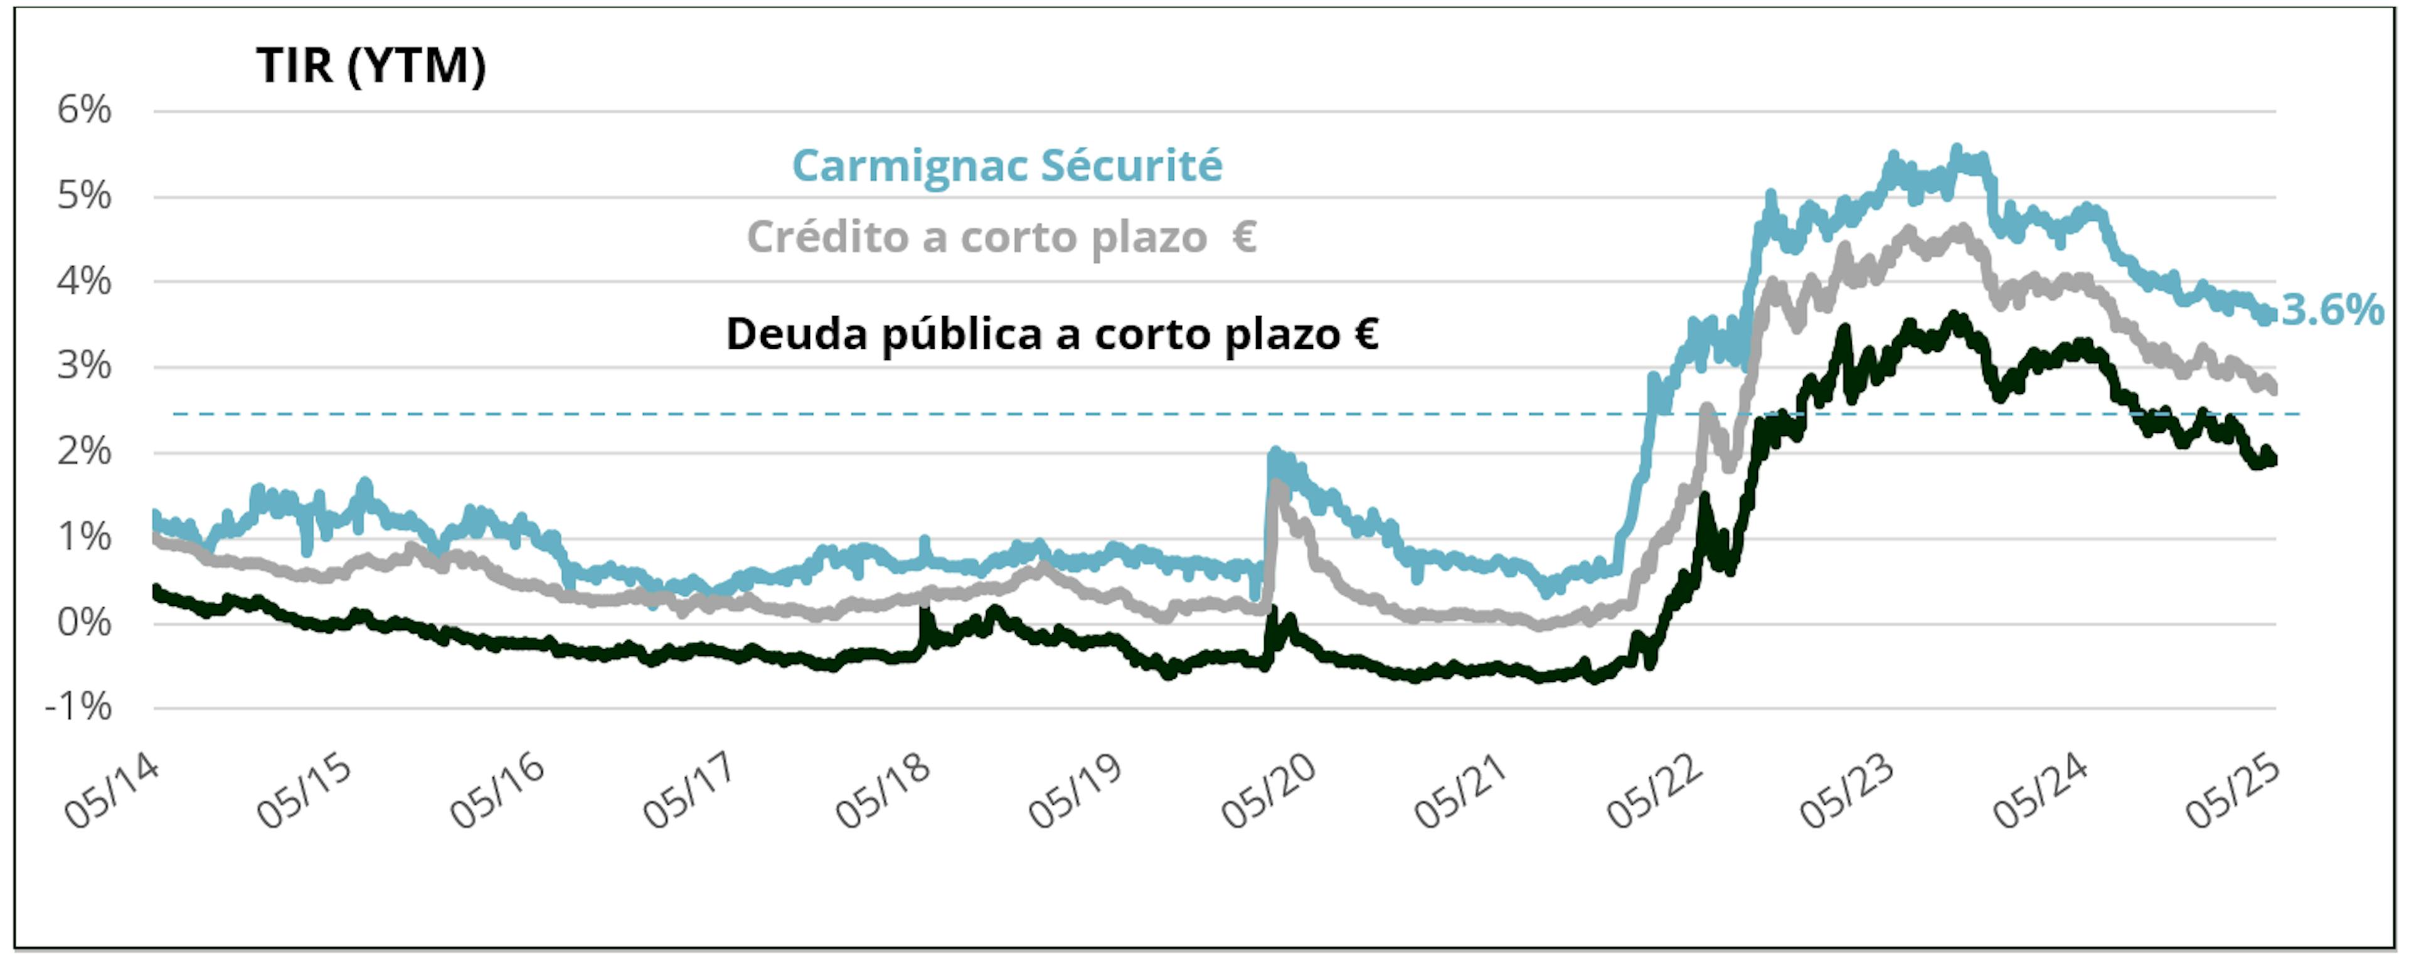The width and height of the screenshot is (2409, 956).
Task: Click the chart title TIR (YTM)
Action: (x=371, y=66)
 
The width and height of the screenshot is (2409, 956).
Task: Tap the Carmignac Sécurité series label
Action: (x=1007, y=166)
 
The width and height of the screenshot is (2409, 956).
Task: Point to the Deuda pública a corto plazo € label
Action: (x=1052, y=334)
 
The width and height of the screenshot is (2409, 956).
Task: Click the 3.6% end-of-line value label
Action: (x=2332, y=310)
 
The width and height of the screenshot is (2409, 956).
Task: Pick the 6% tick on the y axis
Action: (x=84, y=110)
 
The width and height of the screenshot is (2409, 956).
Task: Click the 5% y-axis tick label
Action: (x=84, y=196)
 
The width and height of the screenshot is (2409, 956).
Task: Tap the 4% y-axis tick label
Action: (x=84, y=282)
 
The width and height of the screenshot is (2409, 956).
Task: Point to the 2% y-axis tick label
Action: (x=84, y=453)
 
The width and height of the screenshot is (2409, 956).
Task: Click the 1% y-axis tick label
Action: (x=84, y=538)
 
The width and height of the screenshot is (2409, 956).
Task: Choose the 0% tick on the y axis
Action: (x=84, y=623)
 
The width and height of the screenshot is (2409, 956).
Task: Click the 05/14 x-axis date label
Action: (x=112, y=792)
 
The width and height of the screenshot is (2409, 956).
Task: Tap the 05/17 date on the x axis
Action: (x=690, y=792)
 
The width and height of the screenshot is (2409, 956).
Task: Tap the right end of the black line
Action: (x=2272, y=459)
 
